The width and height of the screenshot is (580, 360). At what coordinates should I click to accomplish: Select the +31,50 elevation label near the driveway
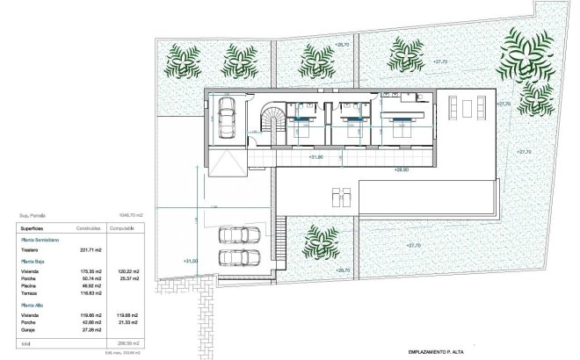[x=191, y=261]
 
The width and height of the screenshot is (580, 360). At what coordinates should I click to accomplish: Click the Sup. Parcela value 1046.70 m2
[x=129, y=212]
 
